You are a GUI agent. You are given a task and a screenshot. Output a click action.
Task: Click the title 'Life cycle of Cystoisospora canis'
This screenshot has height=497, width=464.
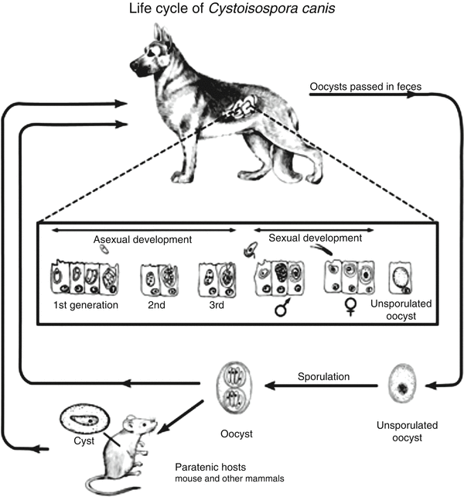(x=231, y=10)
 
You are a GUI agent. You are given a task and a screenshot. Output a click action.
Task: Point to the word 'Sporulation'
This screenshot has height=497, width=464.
(x=323, y=376)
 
